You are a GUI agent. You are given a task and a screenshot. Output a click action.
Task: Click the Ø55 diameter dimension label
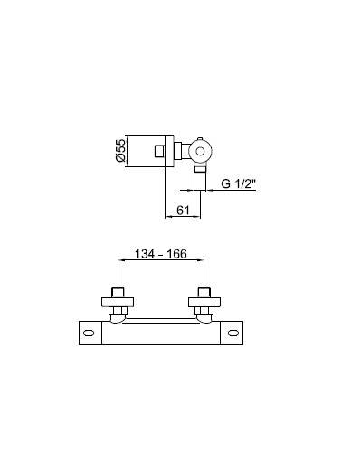[x=120, y=150]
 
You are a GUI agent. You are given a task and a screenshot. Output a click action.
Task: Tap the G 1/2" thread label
[x=238, y=183]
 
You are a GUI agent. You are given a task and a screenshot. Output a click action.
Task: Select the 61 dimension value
[x=183, y=210]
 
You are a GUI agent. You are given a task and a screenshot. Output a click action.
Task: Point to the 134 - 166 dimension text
[x=160, y=254]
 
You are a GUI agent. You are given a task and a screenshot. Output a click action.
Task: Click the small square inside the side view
[x=159, y=151]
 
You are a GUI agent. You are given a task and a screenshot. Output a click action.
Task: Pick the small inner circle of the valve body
[x=200, y=151]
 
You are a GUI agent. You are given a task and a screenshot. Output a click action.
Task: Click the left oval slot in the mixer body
[x=89, y=333]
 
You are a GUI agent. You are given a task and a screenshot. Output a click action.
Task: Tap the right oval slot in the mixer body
[x=233, y=333]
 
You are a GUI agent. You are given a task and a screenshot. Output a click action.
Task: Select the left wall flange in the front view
[x=118, y=302]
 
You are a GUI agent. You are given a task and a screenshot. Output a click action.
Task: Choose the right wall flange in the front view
[x=204, y=302]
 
